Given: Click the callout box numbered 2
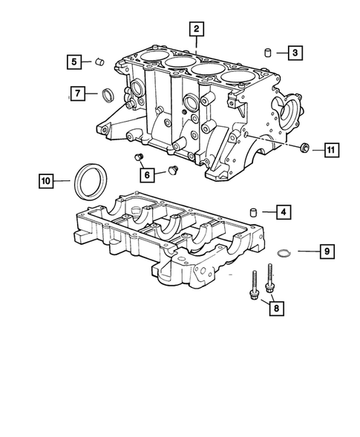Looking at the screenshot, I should pos(196,30).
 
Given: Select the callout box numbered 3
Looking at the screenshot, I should pos(295,53).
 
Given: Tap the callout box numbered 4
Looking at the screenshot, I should pos(285,213).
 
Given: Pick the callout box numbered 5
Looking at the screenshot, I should pos(74,62).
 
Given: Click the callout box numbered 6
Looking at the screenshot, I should pos(147,175).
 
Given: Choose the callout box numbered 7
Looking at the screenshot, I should pos(76,93).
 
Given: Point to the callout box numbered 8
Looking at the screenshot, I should pos(276,306).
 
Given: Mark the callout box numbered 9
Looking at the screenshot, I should pos(325,253).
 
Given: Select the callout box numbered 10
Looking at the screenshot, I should pos(47,180).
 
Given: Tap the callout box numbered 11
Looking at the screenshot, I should pos(330,151).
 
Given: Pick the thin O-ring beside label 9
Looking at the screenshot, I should pos(281,254).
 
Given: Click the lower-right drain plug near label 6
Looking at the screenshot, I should pos(173,170).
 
